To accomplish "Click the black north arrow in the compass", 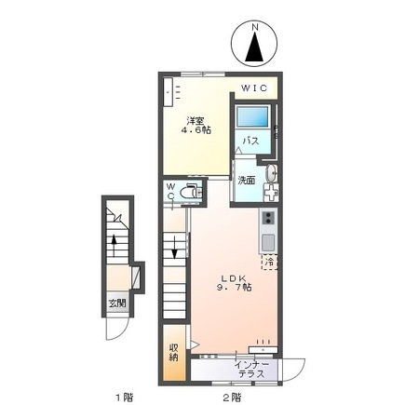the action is point(254,47).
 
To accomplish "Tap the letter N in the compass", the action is point(255,27).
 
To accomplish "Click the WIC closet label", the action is point(254,88).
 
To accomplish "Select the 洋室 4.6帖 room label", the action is point(196,125).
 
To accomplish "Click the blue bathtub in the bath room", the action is point(252,116).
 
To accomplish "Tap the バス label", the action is point(250,142).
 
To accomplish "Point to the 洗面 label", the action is point(247,180).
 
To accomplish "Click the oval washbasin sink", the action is point(272,172).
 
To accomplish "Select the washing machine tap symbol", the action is point(271,193).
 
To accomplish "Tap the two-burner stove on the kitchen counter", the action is point(268,218).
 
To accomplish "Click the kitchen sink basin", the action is point(268,243).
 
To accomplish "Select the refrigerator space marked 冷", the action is point(269,263).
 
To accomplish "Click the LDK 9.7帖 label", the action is point(234,283).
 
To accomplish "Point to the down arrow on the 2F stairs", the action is point(174,247).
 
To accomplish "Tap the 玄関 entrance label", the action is point(117,303).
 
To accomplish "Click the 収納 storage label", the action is point(174,353).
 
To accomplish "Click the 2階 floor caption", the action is point(232,397).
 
